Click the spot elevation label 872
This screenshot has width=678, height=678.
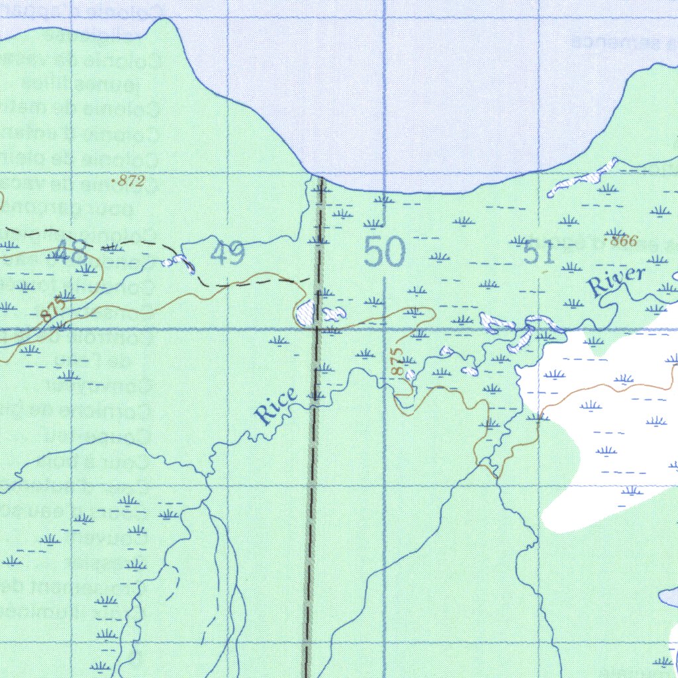(130, 181)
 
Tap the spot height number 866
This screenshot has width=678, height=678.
(622, 241)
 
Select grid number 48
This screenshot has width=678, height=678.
(70, 252)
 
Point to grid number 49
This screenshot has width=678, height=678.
(228, 254)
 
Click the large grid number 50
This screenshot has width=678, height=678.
(385, 253)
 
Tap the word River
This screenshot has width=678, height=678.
(616, 281)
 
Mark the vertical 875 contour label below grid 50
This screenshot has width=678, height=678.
(397, 362)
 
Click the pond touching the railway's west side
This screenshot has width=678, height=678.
(305, 312)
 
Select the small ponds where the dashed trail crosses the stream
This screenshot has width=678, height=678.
(178, 261)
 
